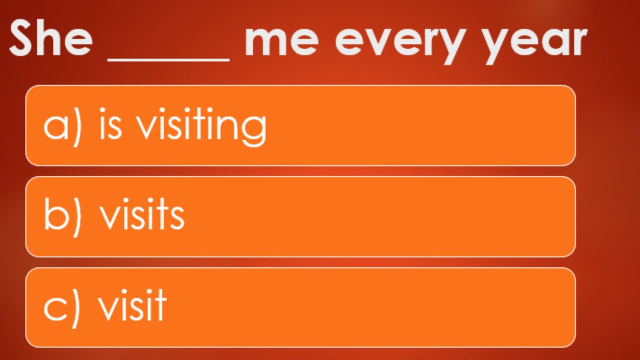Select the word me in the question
tap(281, 41)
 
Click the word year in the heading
tap(535, 42)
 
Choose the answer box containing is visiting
tap(300, 125)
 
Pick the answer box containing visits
tap(300, 216)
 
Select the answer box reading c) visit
tap(300, 307)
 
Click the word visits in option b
tap(142, 216)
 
